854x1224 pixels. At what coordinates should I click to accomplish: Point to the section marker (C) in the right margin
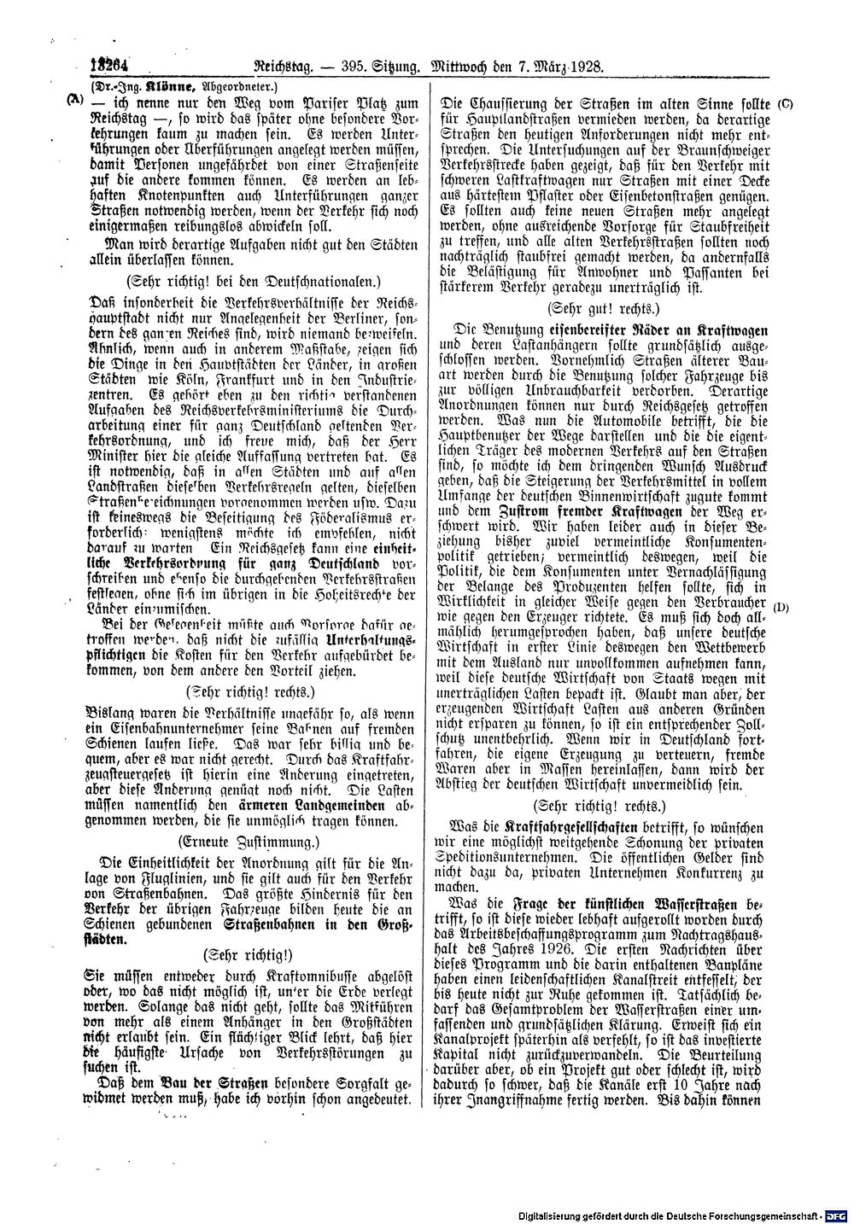[x=786, y=103]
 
